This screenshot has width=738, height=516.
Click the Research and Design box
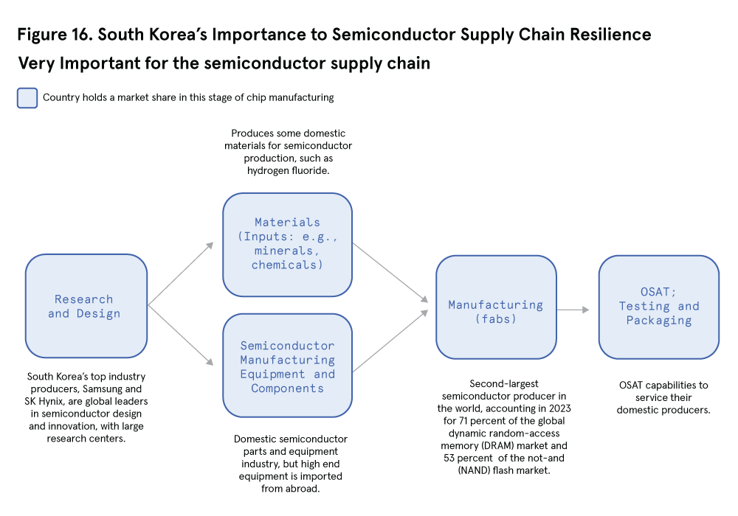pyautogui.click(x=86, y=306)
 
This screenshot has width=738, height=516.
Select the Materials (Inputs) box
pyautogui.click(x=287, y=244)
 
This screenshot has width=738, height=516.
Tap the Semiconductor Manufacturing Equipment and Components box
pyautogui.click(x=287, y=366)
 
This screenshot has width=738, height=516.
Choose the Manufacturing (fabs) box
pyautogui.click(x=496, y=307)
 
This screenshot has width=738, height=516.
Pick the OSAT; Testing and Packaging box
pyautogui.click(x=658, y=307)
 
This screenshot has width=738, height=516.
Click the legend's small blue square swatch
pyautogui.click(x=27, y=98)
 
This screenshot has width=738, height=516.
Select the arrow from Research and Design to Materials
pyautogui.click(x=182, y=273)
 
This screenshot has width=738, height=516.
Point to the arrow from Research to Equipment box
pyautogui.click(x=182, y=335)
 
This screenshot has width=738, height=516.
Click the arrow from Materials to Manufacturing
pyautogui.click(x=390, y=273)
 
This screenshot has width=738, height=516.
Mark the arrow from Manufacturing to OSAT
pyautogui.click(x=573, y=310)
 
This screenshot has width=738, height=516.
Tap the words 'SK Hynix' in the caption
pyautogui.click(x=48, y=402)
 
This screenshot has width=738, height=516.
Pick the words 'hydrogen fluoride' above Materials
pyautogui.click(x=288, y=170)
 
